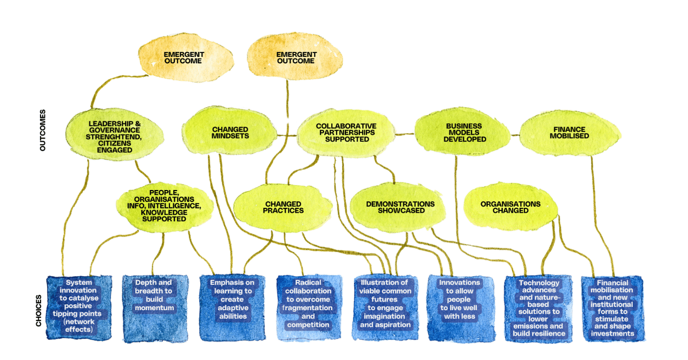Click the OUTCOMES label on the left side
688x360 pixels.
pyautogui.click(x=43, y=130)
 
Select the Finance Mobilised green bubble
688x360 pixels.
pyautogui.click(x=569, y=133)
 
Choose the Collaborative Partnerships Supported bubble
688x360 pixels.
pyautogui.click(x=346, y=133)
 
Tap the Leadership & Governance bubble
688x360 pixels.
pyautogui.click(x=114, y=137)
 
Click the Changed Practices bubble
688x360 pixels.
pyautogui.click(x=283, y=207)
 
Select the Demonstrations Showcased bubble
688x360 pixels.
pyautogui.click(x=400, y=207)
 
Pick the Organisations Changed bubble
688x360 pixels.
pyautogui.click(x=510, y=207)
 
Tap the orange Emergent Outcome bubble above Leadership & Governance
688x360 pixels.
pyautogui.click(x=184, y=58)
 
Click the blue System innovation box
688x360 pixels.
pyautogui.click(x=79, y=308)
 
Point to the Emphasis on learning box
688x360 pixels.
pyautogui.click(x=232, y=308)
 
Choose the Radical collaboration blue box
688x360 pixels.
pyautogui.click(x=309, y=308)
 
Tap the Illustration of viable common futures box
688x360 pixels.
pyautogui.click(x=385, y=308)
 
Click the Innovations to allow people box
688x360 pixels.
pyautogui.click(x=460, y=308)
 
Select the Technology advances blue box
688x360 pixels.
pyautogui.click(x=538, y=308)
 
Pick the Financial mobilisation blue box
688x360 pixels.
pyautogui.click(x=612, y=308)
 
